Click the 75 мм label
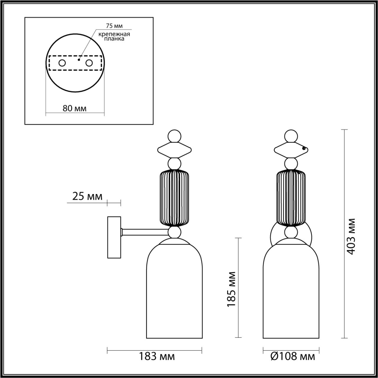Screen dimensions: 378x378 [114, 26]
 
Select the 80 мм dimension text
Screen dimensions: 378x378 [75, 108]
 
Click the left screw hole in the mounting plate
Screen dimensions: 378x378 [62, 63]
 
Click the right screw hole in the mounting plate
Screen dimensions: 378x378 [89, 63]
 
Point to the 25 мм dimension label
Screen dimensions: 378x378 [87, 196]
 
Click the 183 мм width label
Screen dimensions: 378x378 [157, 356]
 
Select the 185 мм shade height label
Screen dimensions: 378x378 [232, 289]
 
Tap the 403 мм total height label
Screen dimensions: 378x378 [351, 236]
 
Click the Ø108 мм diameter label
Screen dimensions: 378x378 [293, 356]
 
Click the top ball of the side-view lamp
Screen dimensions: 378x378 [174, 136]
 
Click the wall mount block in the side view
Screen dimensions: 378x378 [114, 237]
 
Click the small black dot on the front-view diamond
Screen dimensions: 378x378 [304, 149]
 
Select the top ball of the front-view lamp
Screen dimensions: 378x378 [291, 136]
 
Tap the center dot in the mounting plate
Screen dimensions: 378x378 [79, 60]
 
